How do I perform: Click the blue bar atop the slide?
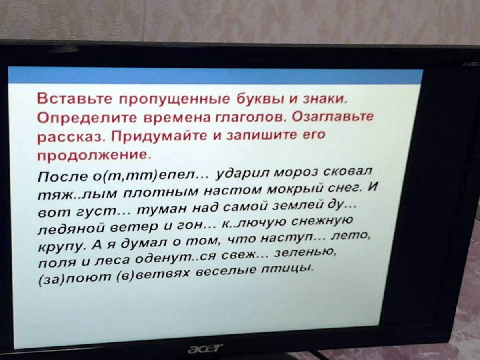[215, 76]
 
